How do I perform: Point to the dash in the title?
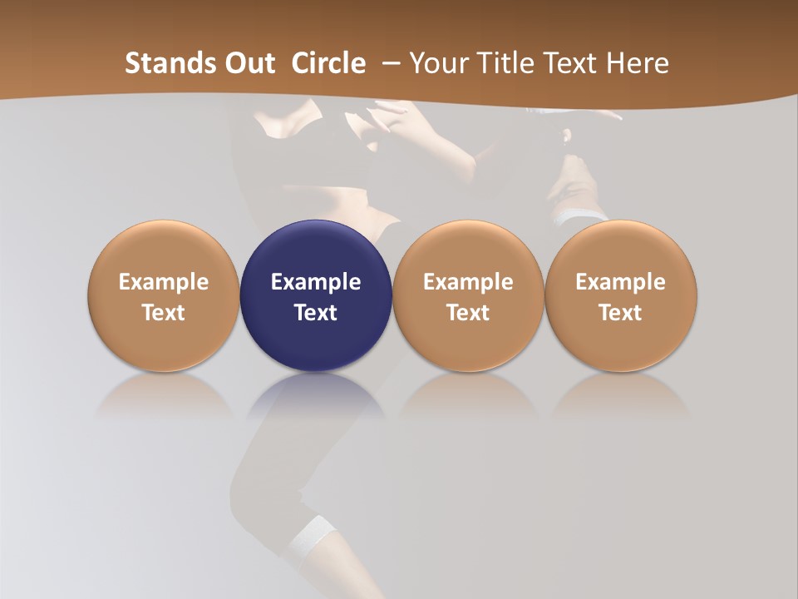click(388, 63)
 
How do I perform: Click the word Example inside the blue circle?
click(316, 282)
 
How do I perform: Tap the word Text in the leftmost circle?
click(164, 313)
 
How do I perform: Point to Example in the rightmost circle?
click(621, 282)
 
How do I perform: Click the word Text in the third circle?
click(468, 313)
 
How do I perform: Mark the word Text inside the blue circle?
click(316, 313)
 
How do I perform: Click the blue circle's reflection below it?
click(316, 395)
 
